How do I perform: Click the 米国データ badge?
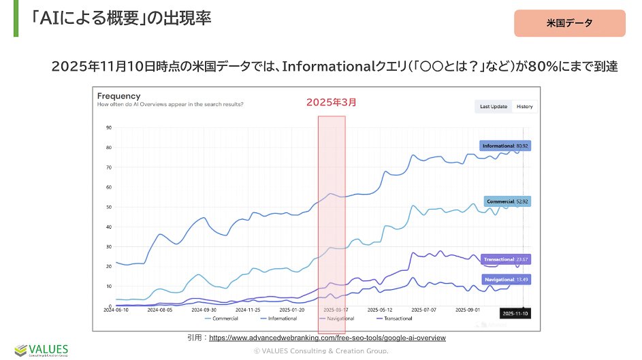click(x=569, y=23)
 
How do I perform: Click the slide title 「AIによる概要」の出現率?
click(x=122, y=18)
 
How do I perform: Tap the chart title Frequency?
click(x=118, y=96)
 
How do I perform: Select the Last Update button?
click(x=494, y=107)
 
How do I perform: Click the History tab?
click(x=524, y=107)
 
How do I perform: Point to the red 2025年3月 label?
click(x=331, y=102)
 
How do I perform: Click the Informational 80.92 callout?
click(x=505, y=146)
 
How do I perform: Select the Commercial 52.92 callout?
click(x=507, y=201)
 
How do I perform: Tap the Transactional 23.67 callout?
click(x=505, y=259)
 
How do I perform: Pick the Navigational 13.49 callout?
click(x=506, y=279)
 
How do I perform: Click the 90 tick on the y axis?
click(x=109, y=128)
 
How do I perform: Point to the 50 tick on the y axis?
click(x=109, y=207)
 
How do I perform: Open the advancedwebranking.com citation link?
click(x=327, y=338)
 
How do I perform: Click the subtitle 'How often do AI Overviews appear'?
click(x=170, y=105)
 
